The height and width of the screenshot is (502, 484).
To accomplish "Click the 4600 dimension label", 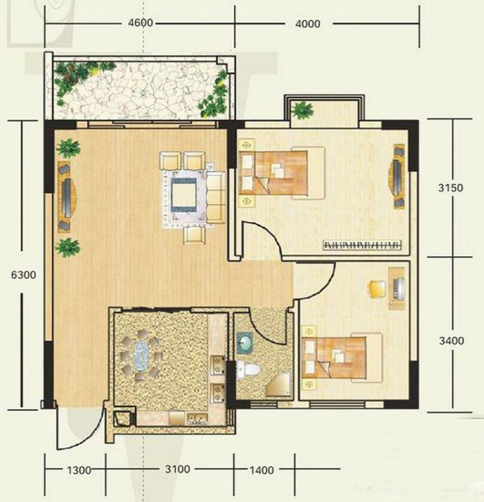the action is click(140, 23).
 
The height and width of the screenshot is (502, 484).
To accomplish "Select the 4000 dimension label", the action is click(308, 24).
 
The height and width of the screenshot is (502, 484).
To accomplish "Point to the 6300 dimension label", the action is click(24, 275).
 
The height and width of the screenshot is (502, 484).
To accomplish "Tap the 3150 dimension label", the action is click(451, 188).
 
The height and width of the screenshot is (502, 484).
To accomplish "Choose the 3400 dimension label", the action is click(451, 341).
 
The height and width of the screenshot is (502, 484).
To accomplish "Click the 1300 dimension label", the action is click(79, 471).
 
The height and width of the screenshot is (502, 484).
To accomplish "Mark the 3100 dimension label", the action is click(178, 469).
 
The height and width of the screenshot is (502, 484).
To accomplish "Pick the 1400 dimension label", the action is click(261, 470).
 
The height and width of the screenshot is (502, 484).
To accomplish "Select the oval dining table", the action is click(141, 355).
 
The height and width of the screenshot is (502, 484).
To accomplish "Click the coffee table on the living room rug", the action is click(184, 195).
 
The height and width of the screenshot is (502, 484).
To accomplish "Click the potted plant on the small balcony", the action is click(302, 110).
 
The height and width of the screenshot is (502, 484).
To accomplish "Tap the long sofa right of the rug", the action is click(216, 198).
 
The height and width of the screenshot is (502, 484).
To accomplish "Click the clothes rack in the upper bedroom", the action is click(362, 245).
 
